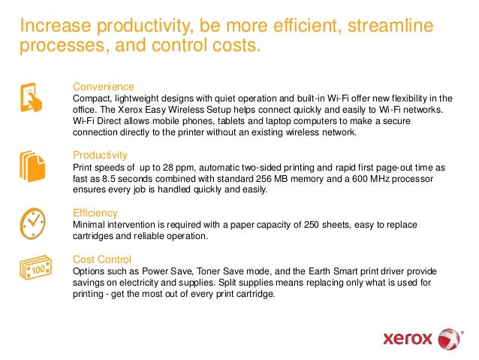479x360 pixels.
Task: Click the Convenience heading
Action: tap(103, 86)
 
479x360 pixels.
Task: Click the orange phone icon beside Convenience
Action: tap(32, 97)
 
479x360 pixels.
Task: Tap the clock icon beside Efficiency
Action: tap(32, 220)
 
